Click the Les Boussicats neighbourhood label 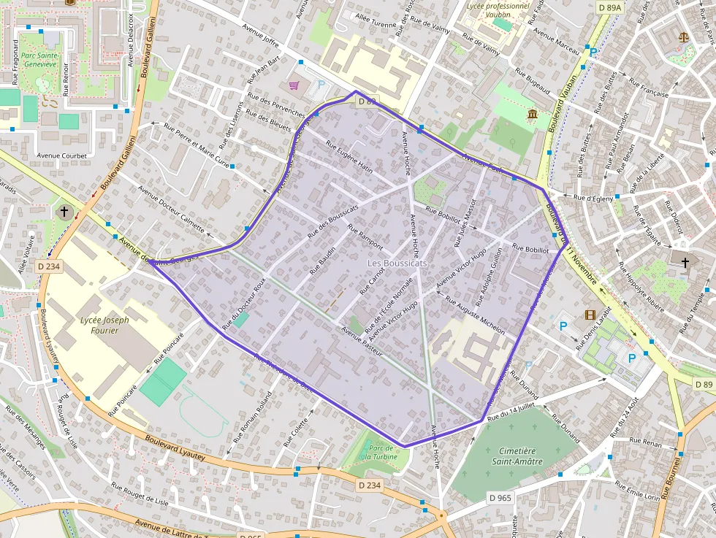[x=397, y=263]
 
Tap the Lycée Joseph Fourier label [x=104, y=326]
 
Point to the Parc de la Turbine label [x=381, y=452]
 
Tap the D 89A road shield [x=609, y=7]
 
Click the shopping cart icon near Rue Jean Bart [x=294, y=85]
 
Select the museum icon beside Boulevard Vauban [x=532, y=115]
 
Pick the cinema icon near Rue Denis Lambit [x=590, y=315]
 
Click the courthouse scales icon [x=684, y=36]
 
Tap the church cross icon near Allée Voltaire [x=64, y=212]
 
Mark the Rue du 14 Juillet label [x=512, y=410]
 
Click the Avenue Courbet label [x=62, y=155]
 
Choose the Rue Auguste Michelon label [x=475, y=315]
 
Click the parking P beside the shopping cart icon [x=321, y=85]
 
